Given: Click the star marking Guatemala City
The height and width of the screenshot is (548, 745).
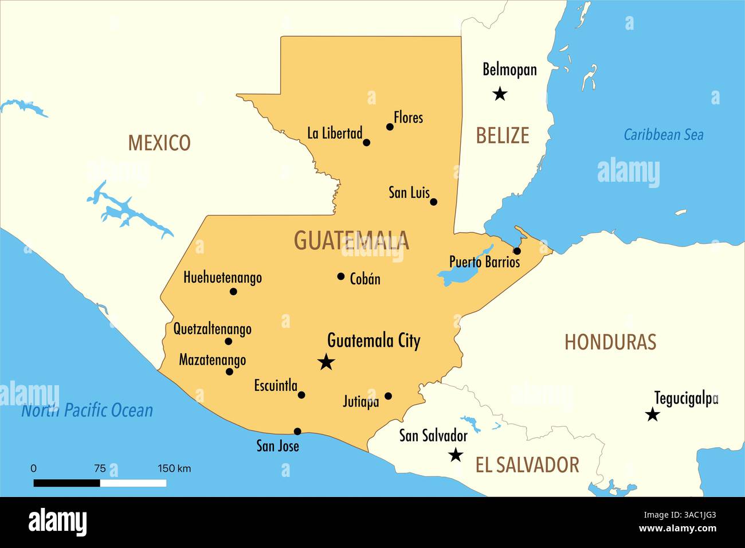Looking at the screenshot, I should (326, 362).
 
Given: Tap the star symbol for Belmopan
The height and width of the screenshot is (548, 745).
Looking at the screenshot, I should (500, 93).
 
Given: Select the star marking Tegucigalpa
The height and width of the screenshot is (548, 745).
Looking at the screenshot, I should (652, 414).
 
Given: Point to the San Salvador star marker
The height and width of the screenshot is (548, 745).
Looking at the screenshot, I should (456, 455).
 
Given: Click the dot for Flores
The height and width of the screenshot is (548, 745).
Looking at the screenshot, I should (390, 127).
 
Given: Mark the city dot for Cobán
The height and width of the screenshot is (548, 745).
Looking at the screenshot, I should (341, 276).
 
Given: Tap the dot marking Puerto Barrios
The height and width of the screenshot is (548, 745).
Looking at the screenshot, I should (517, 251).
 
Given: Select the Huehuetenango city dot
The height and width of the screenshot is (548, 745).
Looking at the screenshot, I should (233, 291).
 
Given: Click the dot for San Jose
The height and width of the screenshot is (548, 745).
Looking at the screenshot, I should (297, 432).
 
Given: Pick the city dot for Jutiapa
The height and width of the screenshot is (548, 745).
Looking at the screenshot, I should (388, 396).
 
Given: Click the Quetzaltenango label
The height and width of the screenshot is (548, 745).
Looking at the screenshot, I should (213, 329).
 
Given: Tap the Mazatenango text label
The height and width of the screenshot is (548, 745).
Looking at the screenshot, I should (213, 360).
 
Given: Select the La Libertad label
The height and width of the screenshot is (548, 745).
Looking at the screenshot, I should (335, 134).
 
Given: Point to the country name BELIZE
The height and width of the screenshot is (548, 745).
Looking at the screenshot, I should (503, 136).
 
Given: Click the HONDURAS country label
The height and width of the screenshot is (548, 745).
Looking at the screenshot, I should (610, 342).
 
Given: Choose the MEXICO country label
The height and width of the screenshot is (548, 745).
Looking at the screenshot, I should (159, 143).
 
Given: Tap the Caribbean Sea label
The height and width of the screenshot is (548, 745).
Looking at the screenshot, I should (664, 135).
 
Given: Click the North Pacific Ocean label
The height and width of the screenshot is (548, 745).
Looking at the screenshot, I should (87, 410).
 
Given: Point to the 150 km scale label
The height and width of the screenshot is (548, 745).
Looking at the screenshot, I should (174, 468).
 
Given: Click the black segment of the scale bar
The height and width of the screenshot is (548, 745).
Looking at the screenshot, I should (66, 483).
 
